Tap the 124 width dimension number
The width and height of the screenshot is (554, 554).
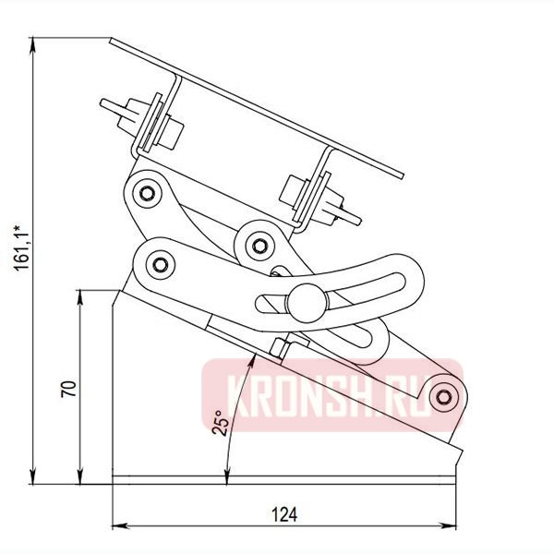point(285,513)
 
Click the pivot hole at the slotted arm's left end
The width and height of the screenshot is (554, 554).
point(161,265)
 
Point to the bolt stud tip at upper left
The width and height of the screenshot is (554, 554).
point(104,105)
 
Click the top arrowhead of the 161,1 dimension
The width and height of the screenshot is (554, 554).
point(32,42)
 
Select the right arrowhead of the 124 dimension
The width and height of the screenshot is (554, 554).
point(454,526)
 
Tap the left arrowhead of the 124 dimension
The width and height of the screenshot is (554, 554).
point(116,526)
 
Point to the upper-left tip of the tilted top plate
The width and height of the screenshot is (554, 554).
point(112,39)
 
